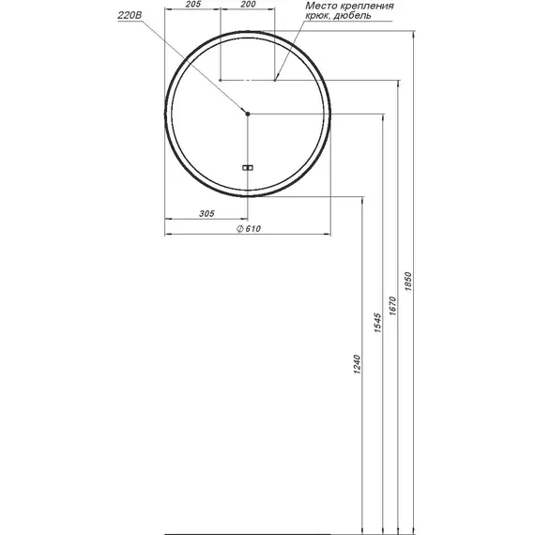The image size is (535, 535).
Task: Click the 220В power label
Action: pos(130,15)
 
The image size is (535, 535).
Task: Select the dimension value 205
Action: pos(193,5)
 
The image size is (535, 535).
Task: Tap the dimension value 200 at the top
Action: pos(248,5)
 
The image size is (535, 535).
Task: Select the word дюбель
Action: pos(352,16)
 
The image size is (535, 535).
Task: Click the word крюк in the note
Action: pos(317,16)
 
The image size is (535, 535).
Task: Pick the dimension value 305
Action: pos(206,214)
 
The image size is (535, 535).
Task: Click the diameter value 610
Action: pos(252,229)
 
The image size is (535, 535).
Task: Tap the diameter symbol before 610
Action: pos(240,229)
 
